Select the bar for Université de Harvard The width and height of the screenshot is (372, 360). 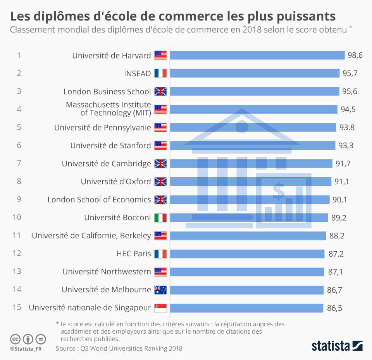pos(257,55)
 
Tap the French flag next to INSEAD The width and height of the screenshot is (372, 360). pos(160,74)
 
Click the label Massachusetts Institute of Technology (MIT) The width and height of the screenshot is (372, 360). pos(108,109)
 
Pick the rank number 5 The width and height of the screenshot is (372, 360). pos(19,127)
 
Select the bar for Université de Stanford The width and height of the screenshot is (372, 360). pos(252,146)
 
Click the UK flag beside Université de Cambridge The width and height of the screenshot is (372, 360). pos(160,164)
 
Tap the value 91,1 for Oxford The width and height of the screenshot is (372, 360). pos(341,182)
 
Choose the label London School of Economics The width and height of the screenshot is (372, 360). pos(99,200)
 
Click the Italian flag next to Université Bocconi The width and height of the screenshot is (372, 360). pos(160,218)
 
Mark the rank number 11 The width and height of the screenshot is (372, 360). pos(17,236)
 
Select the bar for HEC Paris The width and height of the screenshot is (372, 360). pos(247,254)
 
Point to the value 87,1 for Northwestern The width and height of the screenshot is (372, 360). pos(336,272)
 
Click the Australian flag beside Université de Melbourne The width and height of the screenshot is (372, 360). pos(160,290)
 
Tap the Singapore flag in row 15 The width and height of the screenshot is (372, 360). pos(160,308)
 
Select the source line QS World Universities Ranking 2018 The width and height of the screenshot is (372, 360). pos(119,348)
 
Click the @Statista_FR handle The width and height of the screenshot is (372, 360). pos(26,349)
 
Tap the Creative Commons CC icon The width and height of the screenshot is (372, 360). pos(15,339)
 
